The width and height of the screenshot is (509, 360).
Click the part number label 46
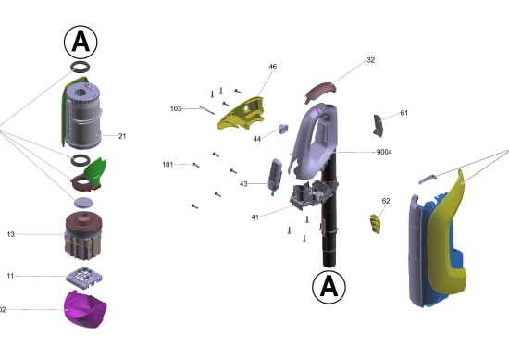pyautogui.click(x=273, y=67)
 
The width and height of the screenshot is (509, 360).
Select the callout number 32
pyautogui.click(x=371, y=60)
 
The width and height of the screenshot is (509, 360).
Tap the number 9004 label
pyautogui.click(x=384, y=152)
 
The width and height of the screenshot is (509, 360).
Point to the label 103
pyautogui.click(x=176, y=109)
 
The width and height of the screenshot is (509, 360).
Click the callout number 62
pyautogui.click(x=386, y=201)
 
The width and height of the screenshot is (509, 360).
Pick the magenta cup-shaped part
pyautogui.click(x=85, y=309)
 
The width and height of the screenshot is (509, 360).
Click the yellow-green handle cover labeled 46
pyautogui.click(x=242, y=113)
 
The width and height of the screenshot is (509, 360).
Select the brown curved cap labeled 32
pyautogui.click(x=320, y=92)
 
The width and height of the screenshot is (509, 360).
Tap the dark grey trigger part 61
pyautogui.click(x=379, y=126)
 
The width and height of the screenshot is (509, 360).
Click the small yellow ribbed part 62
pyautogui.click(x=375, y=224)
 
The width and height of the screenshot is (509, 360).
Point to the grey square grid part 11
pyautogui.click(x=84, y=278)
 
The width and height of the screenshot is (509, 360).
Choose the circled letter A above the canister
pyautogui.click(x=81, y=43)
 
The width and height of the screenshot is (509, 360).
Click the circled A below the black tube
pyautogui.click(x=329, y=287)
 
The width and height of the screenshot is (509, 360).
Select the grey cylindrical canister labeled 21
pyautogui.click(x=83, y=116)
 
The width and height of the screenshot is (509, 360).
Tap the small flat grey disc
pyautogui.click(x=83, y=203)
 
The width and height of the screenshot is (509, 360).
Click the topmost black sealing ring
pyautogui.click(x=81, y=68)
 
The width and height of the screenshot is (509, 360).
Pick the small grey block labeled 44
pyautogui.click(x=284, y=129)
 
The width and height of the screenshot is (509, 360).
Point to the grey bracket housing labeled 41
pyautogui.click(x=310, y=194)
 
